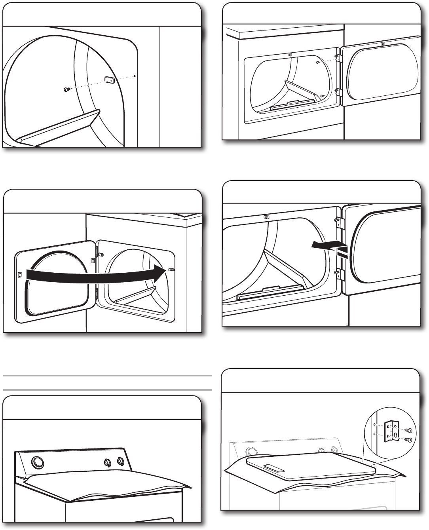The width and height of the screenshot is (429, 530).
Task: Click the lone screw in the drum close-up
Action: [67, 90]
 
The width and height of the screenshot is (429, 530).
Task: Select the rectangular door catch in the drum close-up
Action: [110, 80]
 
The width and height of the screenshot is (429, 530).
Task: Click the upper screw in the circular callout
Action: [409, 430]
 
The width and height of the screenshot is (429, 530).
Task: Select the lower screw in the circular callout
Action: [409, 440]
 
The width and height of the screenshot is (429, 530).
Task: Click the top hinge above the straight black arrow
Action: [338, 222]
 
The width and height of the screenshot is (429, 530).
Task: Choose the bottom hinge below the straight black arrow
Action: [338, 273]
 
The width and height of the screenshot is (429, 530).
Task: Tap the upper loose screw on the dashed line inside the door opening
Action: [317, 63]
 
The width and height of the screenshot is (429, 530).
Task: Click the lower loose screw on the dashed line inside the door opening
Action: [322, 96]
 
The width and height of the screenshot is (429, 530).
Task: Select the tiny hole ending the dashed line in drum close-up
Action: [135, 76]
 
